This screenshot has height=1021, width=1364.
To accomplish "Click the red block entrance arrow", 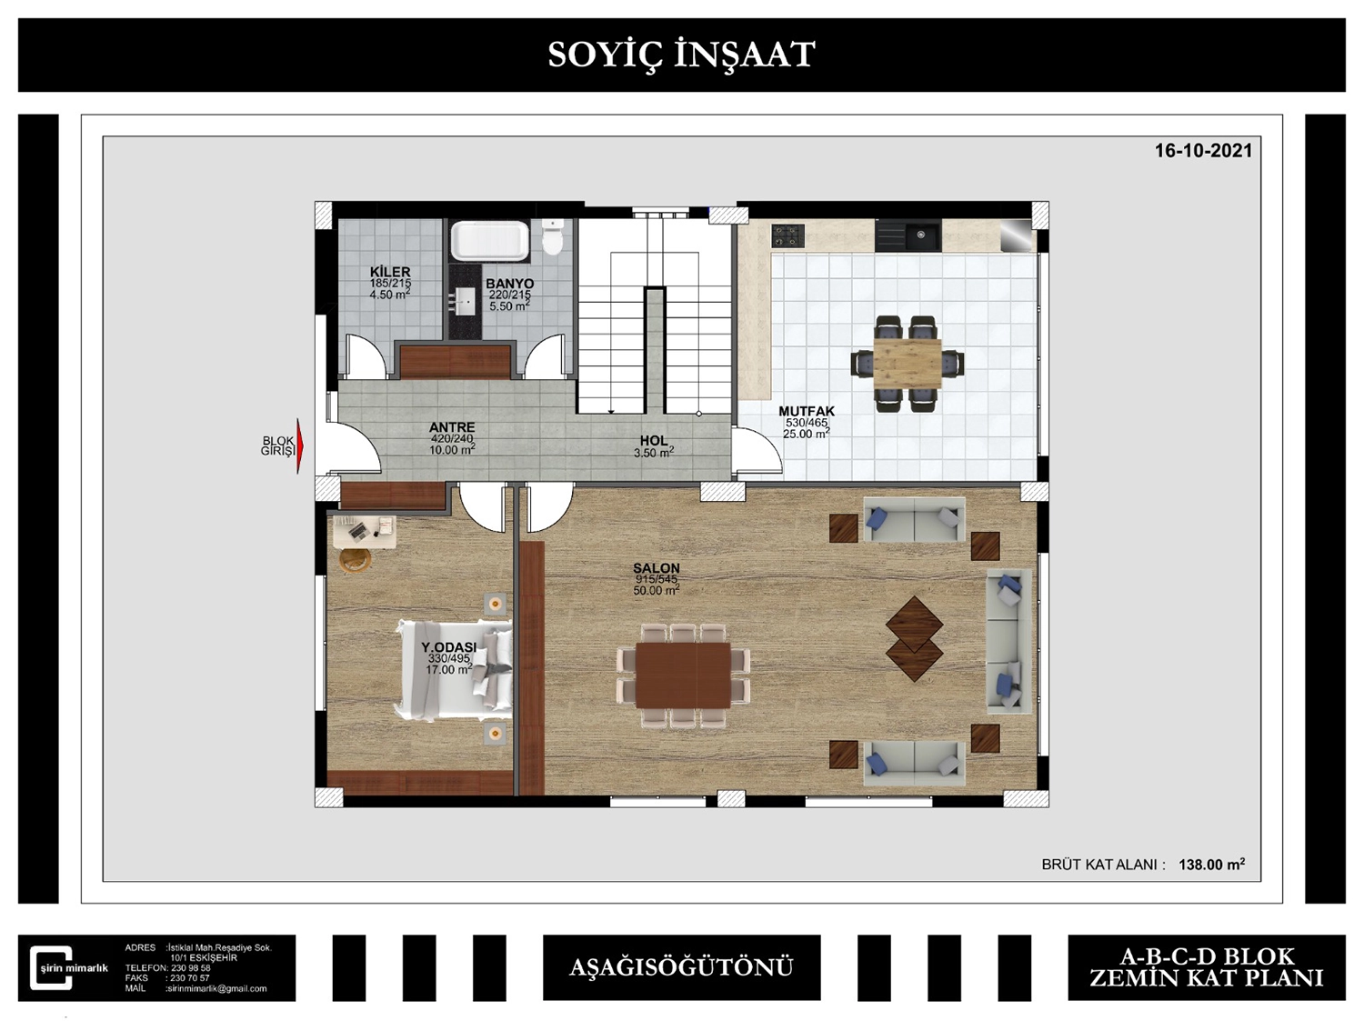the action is [x=300, y=445].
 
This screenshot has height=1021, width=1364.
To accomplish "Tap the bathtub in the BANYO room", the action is [x=489, y=240].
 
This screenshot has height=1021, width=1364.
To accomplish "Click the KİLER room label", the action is [x=390, y=272].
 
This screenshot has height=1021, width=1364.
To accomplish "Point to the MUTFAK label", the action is [x=807, y=411].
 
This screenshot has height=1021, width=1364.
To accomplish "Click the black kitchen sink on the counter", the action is [x=908, y=235].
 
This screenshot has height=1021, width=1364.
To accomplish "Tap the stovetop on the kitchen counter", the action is [x=788, y=235].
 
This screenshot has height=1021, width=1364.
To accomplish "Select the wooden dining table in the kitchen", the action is [x=908, y=364].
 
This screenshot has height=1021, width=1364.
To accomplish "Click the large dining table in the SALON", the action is [x=683, y=676].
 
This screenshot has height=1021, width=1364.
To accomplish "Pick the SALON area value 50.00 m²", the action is [x=657, y=590].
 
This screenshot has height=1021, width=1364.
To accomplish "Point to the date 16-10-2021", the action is [x=1203, y=151].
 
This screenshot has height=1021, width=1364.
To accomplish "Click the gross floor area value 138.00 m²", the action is [x=1212, y=865].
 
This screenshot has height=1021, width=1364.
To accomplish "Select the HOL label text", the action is [x=654, y=440].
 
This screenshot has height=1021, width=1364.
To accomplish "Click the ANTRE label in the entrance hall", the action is [x=452, y=427].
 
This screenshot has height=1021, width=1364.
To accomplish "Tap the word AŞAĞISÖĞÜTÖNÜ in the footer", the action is [x=681, y=967].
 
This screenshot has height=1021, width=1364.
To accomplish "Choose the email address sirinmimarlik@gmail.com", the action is [x=216, y=988].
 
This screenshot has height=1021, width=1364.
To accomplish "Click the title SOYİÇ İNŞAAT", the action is [x=681, y=55].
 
